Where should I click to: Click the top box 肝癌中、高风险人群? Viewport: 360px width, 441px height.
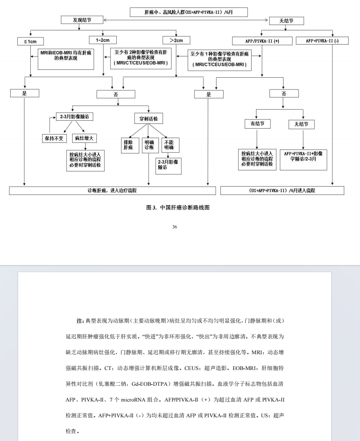click(x=189, y=12)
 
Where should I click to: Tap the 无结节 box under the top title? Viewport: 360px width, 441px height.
click(x=286, y=21)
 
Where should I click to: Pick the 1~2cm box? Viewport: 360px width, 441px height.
click(x=103, y=40)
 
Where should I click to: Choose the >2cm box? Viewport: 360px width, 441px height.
click(x=176, y=40)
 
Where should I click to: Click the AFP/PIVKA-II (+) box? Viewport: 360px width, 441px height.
click(x=262, y=41)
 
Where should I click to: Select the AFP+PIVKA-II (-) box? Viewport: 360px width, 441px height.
click(x=322, y=41)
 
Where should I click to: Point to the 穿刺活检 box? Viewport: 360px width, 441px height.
click(x=148, y=118)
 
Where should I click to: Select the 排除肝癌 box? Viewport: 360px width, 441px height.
click(x=128, y=145)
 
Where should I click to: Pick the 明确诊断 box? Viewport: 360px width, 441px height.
click(x=149, y=145)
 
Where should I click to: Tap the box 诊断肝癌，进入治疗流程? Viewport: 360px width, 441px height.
click(x=112, y=191)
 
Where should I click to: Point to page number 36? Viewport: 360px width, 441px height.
click(x=175, y=227)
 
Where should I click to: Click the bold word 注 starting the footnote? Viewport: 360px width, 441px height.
click(x=79, y=321)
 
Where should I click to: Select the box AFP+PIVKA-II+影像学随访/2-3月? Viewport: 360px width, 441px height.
click(x=303, y=159)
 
